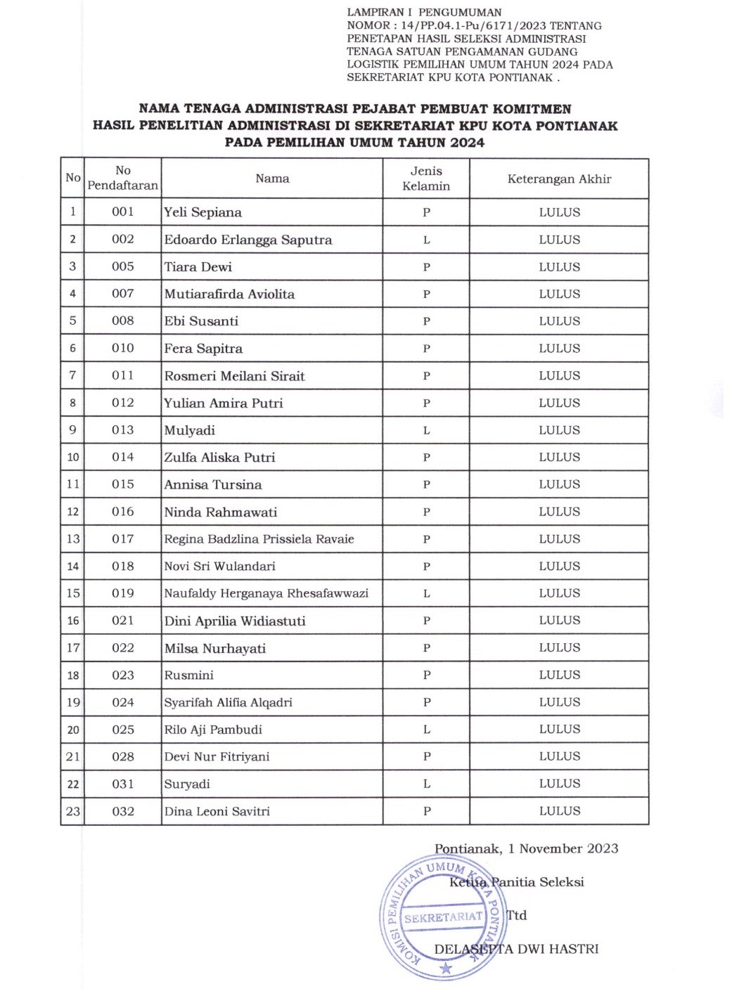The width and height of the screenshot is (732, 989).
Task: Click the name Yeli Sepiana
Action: (203, 212)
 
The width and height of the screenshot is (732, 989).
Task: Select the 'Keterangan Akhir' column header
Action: (559, 179)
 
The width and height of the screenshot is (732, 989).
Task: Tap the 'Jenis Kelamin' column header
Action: (426, 179)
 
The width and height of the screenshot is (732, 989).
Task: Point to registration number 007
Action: (122, 294)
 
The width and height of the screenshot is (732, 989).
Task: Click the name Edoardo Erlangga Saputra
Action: (248, 240)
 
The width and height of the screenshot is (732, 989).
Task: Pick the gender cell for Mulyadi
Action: (426, 430)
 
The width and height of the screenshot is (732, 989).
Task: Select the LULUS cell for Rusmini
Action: (559, 675)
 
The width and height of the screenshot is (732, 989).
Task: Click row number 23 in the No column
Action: (72, 811)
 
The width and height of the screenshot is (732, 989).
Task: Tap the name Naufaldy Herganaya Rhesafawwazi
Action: (266, 593)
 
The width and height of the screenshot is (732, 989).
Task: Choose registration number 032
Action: (122, 811)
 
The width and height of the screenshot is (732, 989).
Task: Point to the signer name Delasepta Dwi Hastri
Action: (516, 949)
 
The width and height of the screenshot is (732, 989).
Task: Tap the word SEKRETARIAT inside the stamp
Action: (443, 917)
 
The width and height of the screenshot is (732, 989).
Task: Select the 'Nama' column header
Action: (272, 179)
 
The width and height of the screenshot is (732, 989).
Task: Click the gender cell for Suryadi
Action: (426, 784)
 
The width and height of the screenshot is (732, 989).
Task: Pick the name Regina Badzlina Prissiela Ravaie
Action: (259, 539)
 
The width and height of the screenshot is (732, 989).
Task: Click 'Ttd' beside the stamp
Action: (517, 915)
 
